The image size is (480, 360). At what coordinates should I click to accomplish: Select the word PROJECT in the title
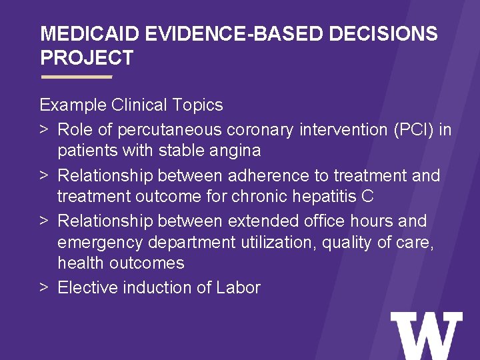pyautogui.click(x=87, y=58)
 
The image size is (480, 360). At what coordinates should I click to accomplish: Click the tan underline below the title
pyautogui.click(x=76, y=77)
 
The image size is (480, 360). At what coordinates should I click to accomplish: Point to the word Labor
pyautogui.click(x=238, y=288)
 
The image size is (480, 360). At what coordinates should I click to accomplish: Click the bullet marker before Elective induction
pyautogui.click(x=43, y=288)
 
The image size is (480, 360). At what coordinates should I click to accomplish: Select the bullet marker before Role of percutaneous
pyautogui.click(x=43, y=129)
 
